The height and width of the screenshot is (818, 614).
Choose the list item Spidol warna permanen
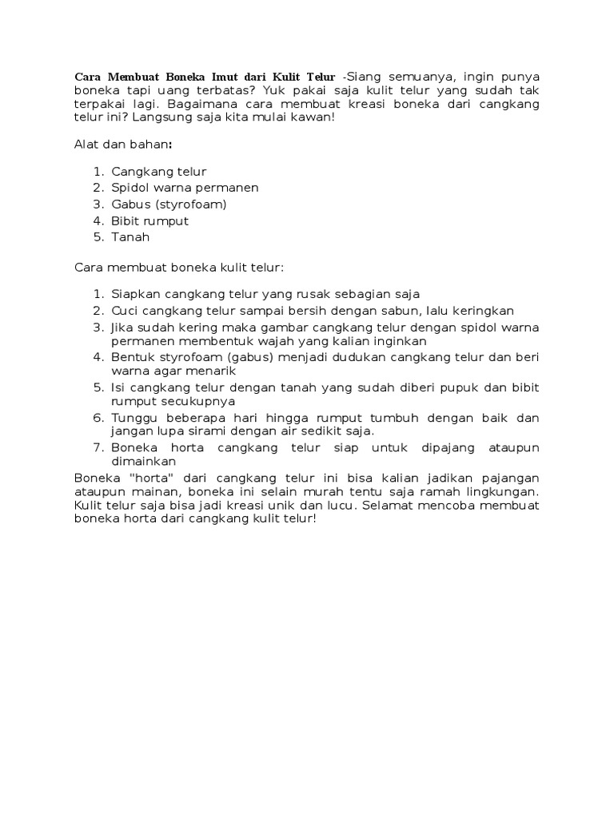pyautogui.click(x=185, y=188)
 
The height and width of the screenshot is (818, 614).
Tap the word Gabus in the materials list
pyautogui.click(x=129, y=204)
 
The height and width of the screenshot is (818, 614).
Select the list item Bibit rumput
pyautogui.click(x=150, y=220)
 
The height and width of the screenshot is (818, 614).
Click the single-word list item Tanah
pyautogui.click(x=130, y=236)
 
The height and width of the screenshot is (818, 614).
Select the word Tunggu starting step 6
pyautogui.click(x=133, y=418)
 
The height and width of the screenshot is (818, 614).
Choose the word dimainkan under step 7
pyautogui.click(x=144, y=462)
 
